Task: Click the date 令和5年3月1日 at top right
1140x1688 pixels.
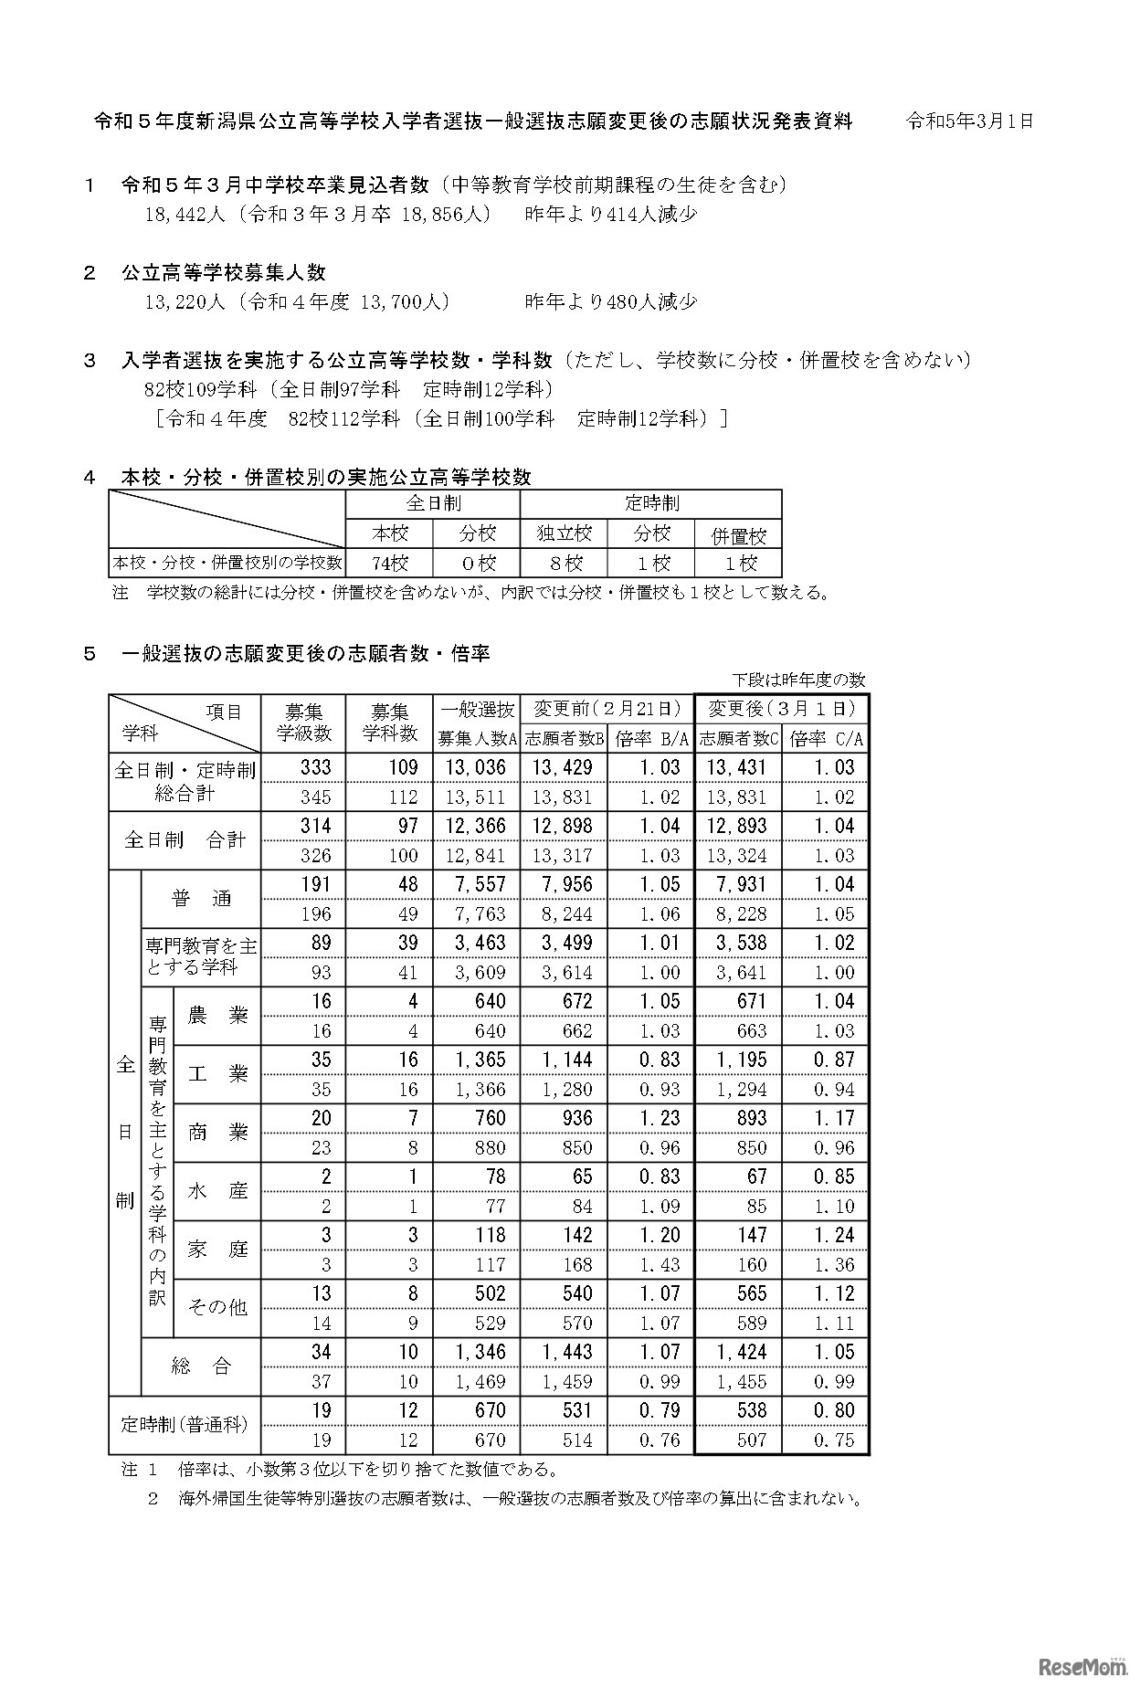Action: click(x=969, y=121)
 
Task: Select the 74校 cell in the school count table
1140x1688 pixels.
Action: click(x=389, y=563)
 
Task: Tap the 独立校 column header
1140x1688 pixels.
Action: click(x=564, y=533)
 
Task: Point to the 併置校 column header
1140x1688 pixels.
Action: click(x=738, y=535)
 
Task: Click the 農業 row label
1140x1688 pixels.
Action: click(x=217, y=1015)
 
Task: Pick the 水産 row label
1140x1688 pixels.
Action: click(x=217, y=1191)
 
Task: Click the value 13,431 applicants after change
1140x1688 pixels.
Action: click(x=736, y=767)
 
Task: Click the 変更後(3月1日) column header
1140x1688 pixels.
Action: click(x=781, y=709)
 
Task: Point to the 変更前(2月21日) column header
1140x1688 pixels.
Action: click(x=607, y=709)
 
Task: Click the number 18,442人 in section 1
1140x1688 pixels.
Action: click(x=184, y=215)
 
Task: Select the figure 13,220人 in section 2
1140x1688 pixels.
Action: click(x=184, y=302)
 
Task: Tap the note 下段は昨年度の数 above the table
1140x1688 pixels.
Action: click(x=798, y=680)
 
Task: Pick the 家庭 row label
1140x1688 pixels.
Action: click(x=217, y=1249)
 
